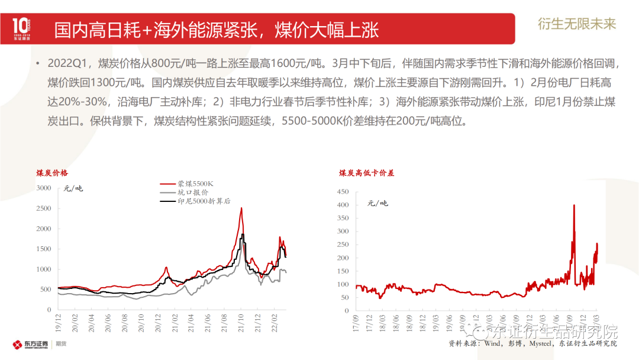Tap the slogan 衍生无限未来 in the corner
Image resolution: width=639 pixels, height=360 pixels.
click(577, 24)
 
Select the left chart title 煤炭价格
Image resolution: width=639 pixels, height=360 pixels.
click(52, 173)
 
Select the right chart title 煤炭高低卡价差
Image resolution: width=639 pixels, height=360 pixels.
click(367, 173)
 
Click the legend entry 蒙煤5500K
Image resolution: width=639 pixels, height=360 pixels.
click(195, 184)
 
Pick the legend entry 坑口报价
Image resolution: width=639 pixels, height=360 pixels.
click(193, 192)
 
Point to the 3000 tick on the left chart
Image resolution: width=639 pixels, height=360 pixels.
click(44, 188)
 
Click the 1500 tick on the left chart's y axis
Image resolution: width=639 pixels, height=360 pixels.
click(44, 249)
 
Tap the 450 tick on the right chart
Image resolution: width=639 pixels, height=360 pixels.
click(344, 192)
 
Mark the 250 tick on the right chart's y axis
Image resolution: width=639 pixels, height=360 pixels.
click(344, 245)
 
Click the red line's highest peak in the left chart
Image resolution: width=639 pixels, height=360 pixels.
click(241, 208)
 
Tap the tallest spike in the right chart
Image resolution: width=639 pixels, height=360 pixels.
click(574, 205)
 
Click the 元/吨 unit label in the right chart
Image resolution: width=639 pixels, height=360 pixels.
click(377, 203)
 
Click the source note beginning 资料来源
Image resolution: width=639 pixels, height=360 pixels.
click(532, 343)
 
